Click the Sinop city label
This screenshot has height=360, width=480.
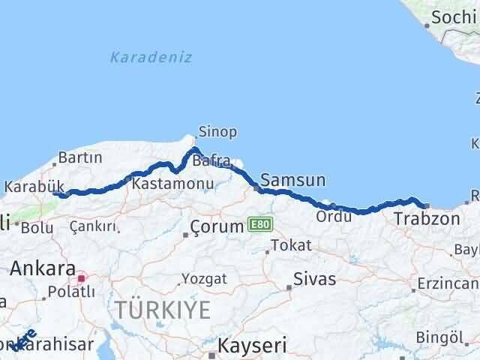pos(217,132)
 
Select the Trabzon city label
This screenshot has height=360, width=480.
pos(427,219)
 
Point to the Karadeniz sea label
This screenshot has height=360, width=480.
pos(151,57)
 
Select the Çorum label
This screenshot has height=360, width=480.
pos(217,226)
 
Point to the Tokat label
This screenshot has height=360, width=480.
pos(290,245)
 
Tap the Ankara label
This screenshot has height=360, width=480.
pos(42,268)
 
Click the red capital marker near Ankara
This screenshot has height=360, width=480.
pos(82,276)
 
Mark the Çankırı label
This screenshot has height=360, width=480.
pos(92,226)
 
